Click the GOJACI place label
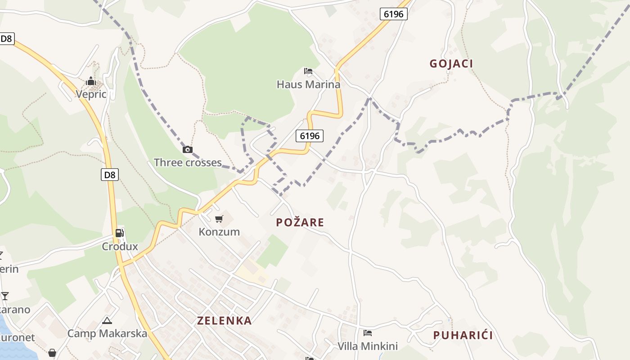(x=451, y=63)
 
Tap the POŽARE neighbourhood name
(x=300, y=222)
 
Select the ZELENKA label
(x=224, y=321)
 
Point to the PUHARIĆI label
(x=463, y=335)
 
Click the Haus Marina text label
(x=308, y=84)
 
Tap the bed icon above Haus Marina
(x=308, y=71)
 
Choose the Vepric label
(x=91, y=94)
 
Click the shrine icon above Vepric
(x=91, y=81)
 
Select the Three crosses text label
(x=188, y=162)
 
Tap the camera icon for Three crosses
(x=188, y=150)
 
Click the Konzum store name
(x=219, y=232)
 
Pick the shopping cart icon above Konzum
(x=219, y=219)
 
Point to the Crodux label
(x=120, y=246)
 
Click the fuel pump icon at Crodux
(x=120, y=233)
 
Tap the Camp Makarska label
(x=107, y=333)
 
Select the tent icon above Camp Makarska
(x=107, y=321)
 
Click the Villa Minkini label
(x=368, y=346)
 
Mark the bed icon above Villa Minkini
(x=368, y=333)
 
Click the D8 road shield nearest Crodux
(x=110, y=175)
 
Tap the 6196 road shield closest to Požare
(x=310, y=135)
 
